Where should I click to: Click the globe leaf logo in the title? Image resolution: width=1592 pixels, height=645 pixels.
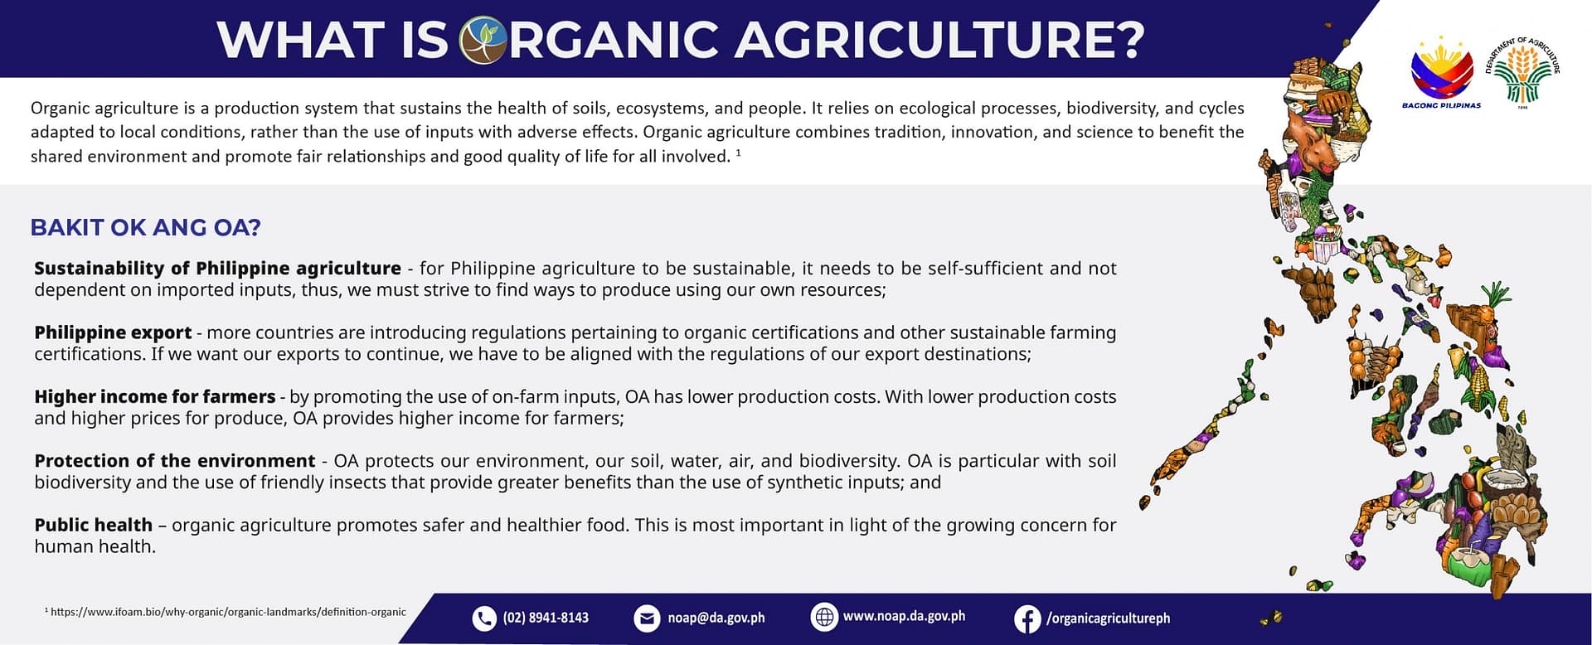click(483, 40)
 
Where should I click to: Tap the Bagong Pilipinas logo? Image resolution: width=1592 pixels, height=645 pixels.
click(1442, 73)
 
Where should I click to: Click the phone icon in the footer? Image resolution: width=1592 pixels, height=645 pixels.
click(483, 618)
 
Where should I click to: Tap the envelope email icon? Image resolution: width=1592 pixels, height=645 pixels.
click(647, 618)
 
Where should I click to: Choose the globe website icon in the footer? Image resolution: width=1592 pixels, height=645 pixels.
click(823, 618)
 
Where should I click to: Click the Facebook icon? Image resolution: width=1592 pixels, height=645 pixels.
click(1027, 618)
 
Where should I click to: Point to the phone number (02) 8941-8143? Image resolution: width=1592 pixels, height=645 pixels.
click(546, 618)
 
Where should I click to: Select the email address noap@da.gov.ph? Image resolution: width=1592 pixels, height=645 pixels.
click(716, 618)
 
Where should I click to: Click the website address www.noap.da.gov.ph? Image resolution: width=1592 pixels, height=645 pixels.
click(904, 617)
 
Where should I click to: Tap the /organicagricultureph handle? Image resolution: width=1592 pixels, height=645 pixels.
click(1109, 618)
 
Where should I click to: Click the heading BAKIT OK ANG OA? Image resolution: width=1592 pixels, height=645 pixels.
click(145, 228)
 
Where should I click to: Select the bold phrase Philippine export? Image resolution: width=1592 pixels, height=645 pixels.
click(113, 332)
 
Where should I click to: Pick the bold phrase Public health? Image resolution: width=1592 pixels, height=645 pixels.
click(94, 525)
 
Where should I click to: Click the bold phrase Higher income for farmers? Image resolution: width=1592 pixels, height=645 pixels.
click(155, 397)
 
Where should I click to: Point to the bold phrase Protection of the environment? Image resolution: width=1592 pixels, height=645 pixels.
click(175, 461)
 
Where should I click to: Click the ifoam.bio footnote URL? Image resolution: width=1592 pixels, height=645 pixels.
click(228, 612)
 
